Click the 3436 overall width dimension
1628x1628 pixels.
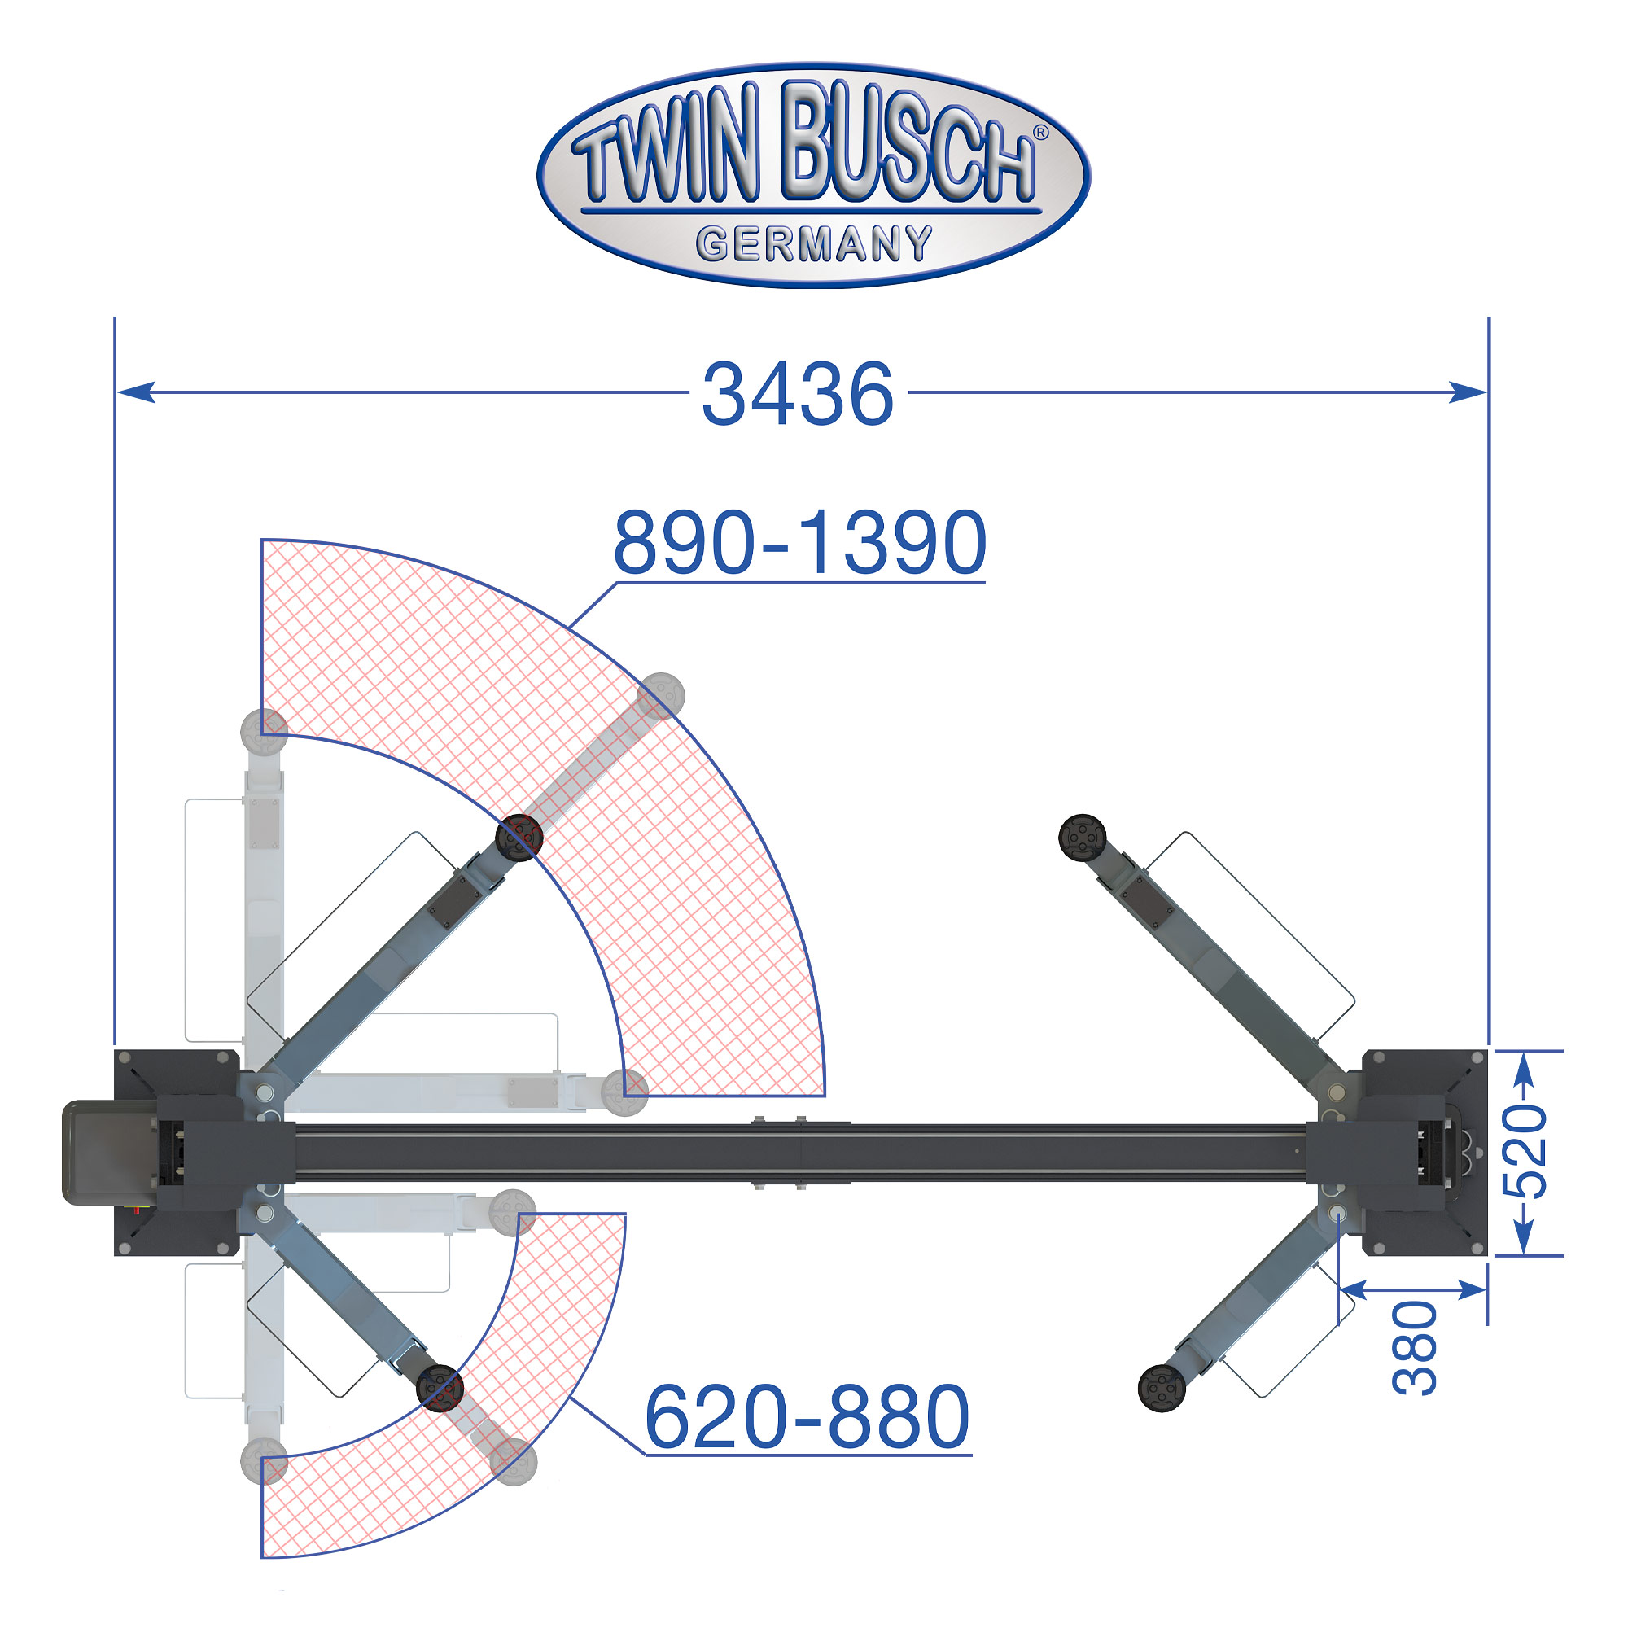(797, 393)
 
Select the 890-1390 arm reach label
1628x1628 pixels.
(799, 543)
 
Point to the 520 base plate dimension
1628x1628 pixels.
(1526, 1152)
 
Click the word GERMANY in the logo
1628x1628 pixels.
(814, 244)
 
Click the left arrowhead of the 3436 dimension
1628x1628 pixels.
(137, 392)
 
